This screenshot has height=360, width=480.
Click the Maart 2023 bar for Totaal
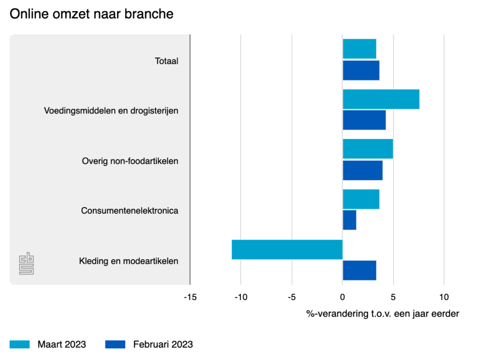(x=360, y=49)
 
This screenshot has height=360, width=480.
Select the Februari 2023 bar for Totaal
(x=361, y=70)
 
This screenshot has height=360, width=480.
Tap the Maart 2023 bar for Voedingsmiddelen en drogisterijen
(x=381, y=99)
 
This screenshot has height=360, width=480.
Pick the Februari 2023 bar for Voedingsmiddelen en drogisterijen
(x=364, y=120)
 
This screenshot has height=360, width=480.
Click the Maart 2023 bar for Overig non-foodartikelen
(x=368, y=149)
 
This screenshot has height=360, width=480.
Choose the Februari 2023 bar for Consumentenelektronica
(x=350, y=220)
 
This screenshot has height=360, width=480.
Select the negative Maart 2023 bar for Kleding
(x=287, y=249)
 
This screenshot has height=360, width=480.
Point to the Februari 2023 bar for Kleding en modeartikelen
(x=360, y=270)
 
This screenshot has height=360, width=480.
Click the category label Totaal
(x=167, y=61)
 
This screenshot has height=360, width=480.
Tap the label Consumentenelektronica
(x=130, y=210)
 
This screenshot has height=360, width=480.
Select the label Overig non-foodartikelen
(x=130, y=161)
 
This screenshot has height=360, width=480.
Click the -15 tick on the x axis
(x=190, y=297)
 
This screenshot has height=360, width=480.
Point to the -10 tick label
(x=240, y=297)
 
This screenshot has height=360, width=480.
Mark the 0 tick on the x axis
(x=343, y=297)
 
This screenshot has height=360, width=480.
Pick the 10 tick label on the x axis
(x=444, y=297)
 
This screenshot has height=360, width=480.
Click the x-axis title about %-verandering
(x=382, y=314)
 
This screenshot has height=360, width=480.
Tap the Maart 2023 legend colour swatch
(x=20, y=345)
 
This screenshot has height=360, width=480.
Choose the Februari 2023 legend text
(x=163, y=345)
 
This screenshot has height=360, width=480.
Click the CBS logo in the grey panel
(x=26, y=264)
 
